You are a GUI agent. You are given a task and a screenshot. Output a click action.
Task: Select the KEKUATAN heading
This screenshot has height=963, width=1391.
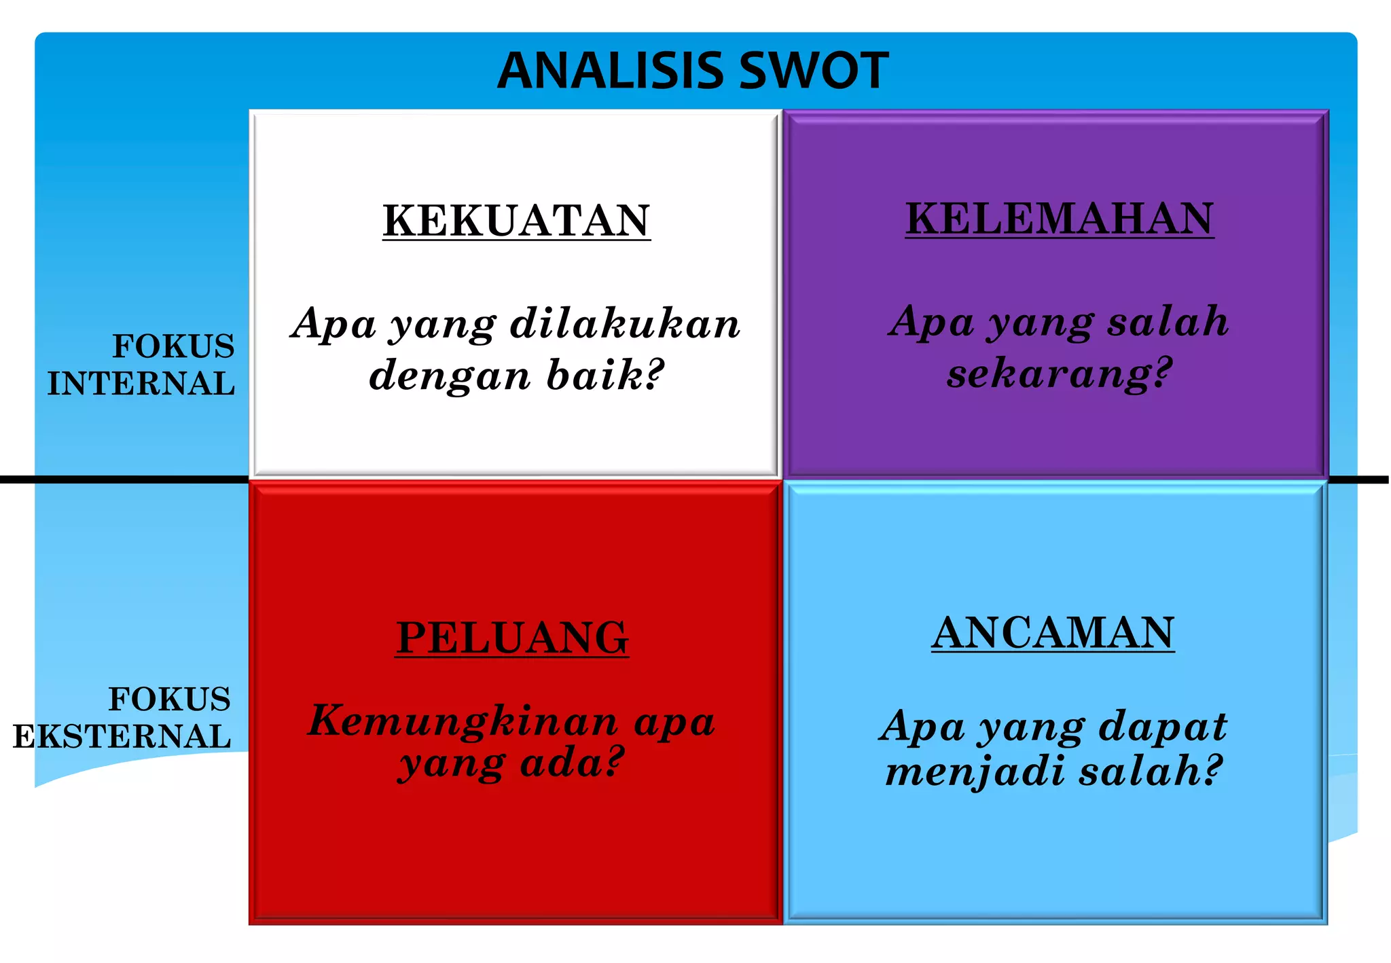point(516,221)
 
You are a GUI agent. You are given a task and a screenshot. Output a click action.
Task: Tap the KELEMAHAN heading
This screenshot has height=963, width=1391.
point(1060,219)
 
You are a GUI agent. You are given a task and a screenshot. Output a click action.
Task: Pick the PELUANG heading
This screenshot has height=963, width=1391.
point(512,638)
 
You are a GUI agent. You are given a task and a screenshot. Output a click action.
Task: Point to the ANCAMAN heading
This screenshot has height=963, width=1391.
point(1053,633)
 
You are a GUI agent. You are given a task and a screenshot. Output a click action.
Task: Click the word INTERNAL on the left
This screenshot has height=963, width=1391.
point(141,384)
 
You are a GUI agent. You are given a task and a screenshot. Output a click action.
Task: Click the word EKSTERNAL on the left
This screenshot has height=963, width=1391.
point(122,737)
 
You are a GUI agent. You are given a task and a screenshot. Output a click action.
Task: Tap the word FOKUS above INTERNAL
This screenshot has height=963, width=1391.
point(173,346)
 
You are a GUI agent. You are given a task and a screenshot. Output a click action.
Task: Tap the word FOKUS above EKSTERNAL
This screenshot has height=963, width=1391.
point(170,699)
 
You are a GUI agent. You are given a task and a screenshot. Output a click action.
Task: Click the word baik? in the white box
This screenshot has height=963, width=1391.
point(604,375)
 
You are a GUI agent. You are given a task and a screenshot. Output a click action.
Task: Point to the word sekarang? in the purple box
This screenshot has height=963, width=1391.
point(1060,374)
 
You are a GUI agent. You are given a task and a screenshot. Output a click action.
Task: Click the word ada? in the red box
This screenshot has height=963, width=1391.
point(572,763)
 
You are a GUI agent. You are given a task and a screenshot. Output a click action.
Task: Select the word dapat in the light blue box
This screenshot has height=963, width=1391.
point(1163,727)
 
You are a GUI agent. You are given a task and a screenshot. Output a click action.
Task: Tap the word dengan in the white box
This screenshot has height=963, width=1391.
point(449,376)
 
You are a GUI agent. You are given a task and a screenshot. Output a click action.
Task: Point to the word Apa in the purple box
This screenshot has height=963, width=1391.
point(933,321)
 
